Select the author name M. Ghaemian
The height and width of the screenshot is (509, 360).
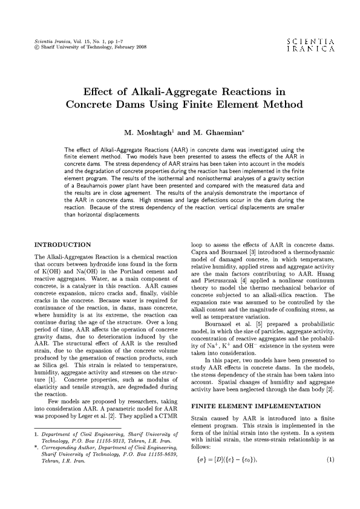click(x=211, y=131)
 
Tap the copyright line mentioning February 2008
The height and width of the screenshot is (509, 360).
click(x=91, y=47)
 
